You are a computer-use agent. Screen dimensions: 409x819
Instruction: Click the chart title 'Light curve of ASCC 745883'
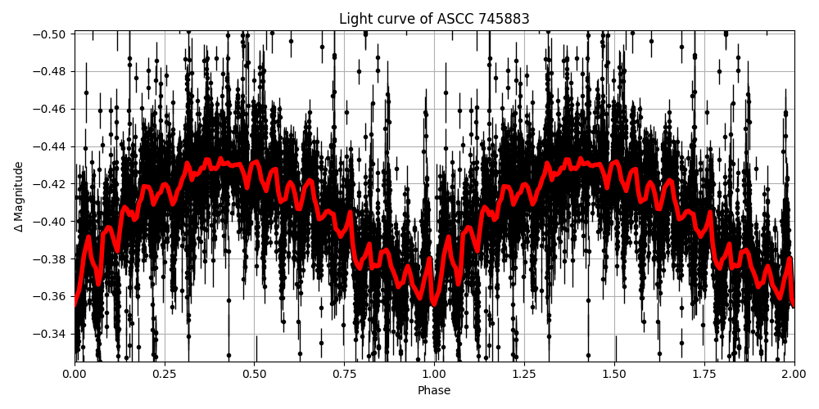pos(434,19)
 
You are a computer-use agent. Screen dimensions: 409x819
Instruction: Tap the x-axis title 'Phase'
pos(434,391)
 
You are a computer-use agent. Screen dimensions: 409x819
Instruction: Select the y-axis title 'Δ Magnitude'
pos(18,196)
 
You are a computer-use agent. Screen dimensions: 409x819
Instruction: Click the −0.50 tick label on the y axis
pos(51,34)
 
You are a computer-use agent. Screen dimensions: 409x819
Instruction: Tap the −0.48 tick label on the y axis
pos(51,71)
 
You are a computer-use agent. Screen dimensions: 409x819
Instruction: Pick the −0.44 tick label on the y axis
pos(51,146)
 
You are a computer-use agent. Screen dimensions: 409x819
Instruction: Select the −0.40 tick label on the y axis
pos(51,221)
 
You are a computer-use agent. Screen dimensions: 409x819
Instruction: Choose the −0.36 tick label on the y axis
pos(51,296)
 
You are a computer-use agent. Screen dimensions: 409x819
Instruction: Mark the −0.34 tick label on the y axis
pos(51,334)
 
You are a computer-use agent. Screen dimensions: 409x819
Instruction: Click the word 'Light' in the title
pos(355,19)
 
